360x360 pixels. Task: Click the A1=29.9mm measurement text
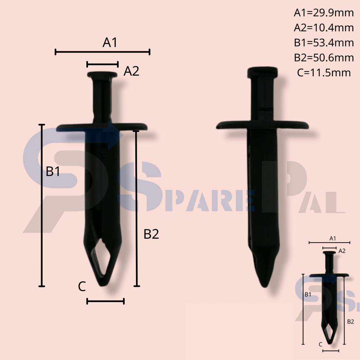coord(323,13)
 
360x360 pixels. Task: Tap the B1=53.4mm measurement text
coord(323,43)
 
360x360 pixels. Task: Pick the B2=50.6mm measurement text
coord(323,58)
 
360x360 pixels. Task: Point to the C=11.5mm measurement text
coord(323,73)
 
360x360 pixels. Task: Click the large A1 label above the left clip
coord(110,43)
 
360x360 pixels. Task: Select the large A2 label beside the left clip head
coord(131,71)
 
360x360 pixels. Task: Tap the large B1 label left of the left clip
coord(53,172)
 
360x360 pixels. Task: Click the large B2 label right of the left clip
coord(151,234)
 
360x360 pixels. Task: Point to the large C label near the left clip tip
coord(82,287)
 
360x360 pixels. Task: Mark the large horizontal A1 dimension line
coord(103,52)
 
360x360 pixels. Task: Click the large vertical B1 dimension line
coord(42,205)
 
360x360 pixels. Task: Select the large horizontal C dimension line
coord(105,301)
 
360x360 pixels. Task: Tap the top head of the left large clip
coord(102,75)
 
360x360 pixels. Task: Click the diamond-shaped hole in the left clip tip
coord(102,258)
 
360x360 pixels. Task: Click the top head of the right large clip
coord(262,72)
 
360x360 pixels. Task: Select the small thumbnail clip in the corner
coord(330,299)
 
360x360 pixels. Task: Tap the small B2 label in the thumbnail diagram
coord(350,321)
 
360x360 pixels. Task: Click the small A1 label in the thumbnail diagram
coord(333,238)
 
